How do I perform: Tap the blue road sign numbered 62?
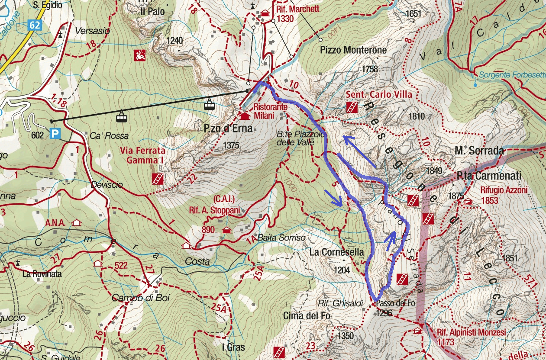(x=35, y=26)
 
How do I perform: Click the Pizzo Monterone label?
(x=353, y=50)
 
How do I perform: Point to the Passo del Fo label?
(x=395, y=303)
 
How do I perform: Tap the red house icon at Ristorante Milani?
(x=245, y=116)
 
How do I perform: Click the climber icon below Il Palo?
(x=139, y=55)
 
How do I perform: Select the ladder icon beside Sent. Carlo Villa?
(x=352, y=107)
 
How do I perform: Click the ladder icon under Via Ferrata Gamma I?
(x=158, y=179)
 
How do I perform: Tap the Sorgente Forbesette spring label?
(x=512, y=75)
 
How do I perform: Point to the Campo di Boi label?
(x=134, y=298)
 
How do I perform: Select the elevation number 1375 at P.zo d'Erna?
(x=232, y=145)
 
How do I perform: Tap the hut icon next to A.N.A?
(x=77, y=223)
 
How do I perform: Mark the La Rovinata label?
(x=42, y=274)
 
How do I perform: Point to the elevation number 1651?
(x=414, y=14)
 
